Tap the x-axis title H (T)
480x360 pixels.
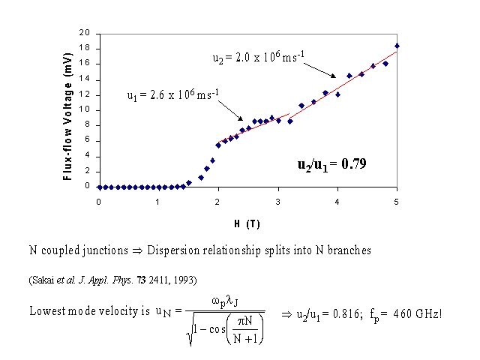pos(247,223)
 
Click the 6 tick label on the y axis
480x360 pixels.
pos(89,140)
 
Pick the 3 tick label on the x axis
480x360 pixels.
pos(277,201)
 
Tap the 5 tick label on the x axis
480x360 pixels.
pos(397,201)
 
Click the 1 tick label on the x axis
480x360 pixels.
pos(158,201)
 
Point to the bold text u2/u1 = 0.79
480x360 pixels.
pos(330,163)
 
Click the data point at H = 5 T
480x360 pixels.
pos(397,46)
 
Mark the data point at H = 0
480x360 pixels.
pos(99,187)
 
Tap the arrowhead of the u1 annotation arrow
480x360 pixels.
pos(241,119)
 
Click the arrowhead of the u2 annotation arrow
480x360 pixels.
pos(334,78)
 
